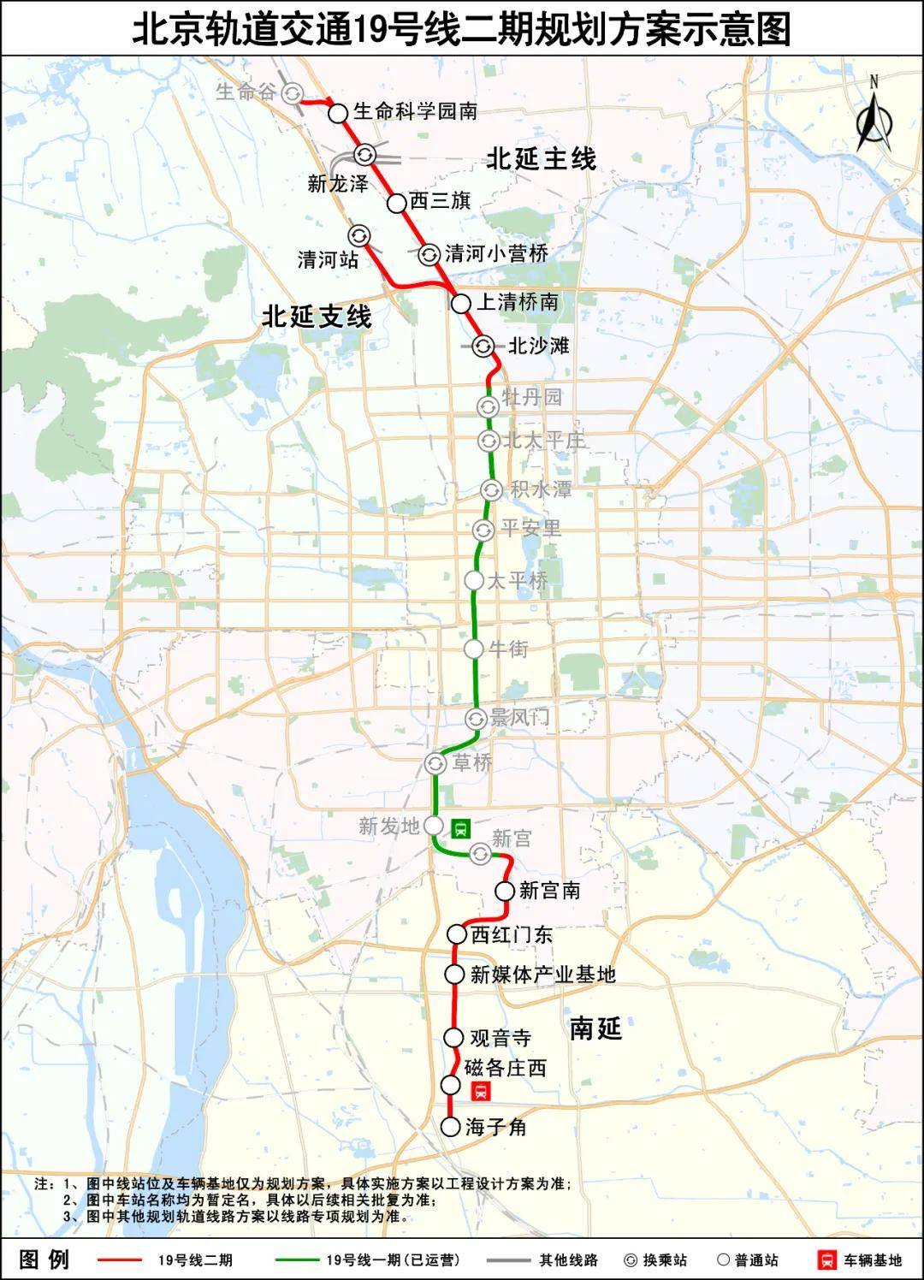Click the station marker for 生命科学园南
tap(338, 112)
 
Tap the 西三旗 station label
tap(440, 201)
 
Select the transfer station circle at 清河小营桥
tap(429, 253)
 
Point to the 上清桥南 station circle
tap(461, 303)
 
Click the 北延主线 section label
tap(541, 159)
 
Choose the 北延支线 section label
tap(317, 317)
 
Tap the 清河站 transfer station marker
tap(358, 235)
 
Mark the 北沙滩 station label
tap(538, 346)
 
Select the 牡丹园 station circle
tap(488, 406)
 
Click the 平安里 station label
tap(530, 529)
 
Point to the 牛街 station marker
tap(474, 649)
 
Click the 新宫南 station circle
tap(504, 892)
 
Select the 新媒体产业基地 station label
tap(542, 974)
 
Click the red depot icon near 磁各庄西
tap(481, 1091)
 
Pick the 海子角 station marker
tap(451, 1127)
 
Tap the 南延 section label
tap(595, 1028)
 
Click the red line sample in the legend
tap(120, 1260)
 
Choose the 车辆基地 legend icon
tap(827, 1260)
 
